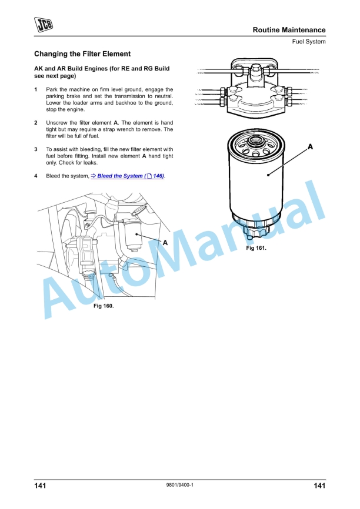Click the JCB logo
click(42, 25)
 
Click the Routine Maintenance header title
click(289, 30)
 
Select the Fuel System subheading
click(309, 42)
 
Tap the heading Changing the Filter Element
click(82, 54)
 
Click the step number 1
click(36, 89)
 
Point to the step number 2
click(36, 122)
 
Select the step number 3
click(36, 149)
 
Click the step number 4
click(36, 176)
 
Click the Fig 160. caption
click(104, 306)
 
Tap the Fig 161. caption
click(256, 249)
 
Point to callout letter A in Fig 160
click(165, 242)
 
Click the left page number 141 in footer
click(41, 485)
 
